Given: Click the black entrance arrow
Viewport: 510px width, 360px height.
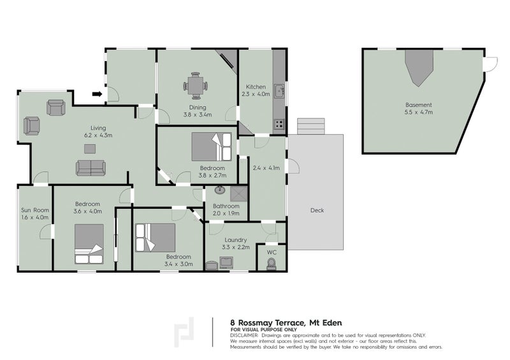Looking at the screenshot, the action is pyautogui.click(x=97, y=94).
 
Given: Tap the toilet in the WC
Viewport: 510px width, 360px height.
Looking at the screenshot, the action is pyautogui.click(x=271, y=264).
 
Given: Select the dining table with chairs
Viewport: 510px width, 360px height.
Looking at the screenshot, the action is pyautogui.click(x=196, y=86).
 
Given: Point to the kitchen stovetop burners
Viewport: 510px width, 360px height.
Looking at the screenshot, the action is pyautogui.click(x=279, y=124).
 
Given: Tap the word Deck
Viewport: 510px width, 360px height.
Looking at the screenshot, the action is pyautogui.click(x=317, y=210).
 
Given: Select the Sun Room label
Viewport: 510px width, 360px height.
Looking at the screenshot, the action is pyautogui.click(x=35, y=210).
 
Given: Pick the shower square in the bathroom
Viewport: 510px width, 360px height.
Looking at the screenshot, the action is pyautogui.click(x=238, y=194).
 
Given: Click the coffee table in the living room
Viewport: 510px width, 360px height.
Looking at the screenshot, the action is pyautogui.click(x=90, y=149).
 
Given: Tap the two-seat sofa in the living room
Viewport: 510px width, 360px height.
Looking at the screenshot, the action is pyautogui.click(x=91, y=168).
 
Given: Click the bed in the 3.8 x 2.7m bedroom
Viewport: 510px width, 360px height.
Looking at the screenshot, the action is pyautogui.click(x=212, y=147).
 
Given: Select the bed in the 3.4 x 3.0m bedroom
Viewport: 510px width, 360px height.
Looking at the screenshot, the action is pyautogui.click(x=155, y=238).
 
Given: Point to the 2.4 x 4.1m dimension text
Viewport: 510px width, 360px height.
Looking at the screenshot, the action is pyautogui.click(x=266, y=168).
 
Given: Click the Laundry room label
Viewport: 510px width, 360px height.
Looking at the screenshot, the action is pyautogui.click(x=236, y=240).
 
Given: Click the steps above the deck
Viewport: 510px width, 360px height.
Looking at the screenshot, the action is pyautogui.click(x=311, y=126).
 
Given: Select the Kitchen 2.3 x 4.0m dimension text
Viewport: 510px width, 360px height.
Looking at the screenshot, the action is pyautogui.click(x=256, y=94).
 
